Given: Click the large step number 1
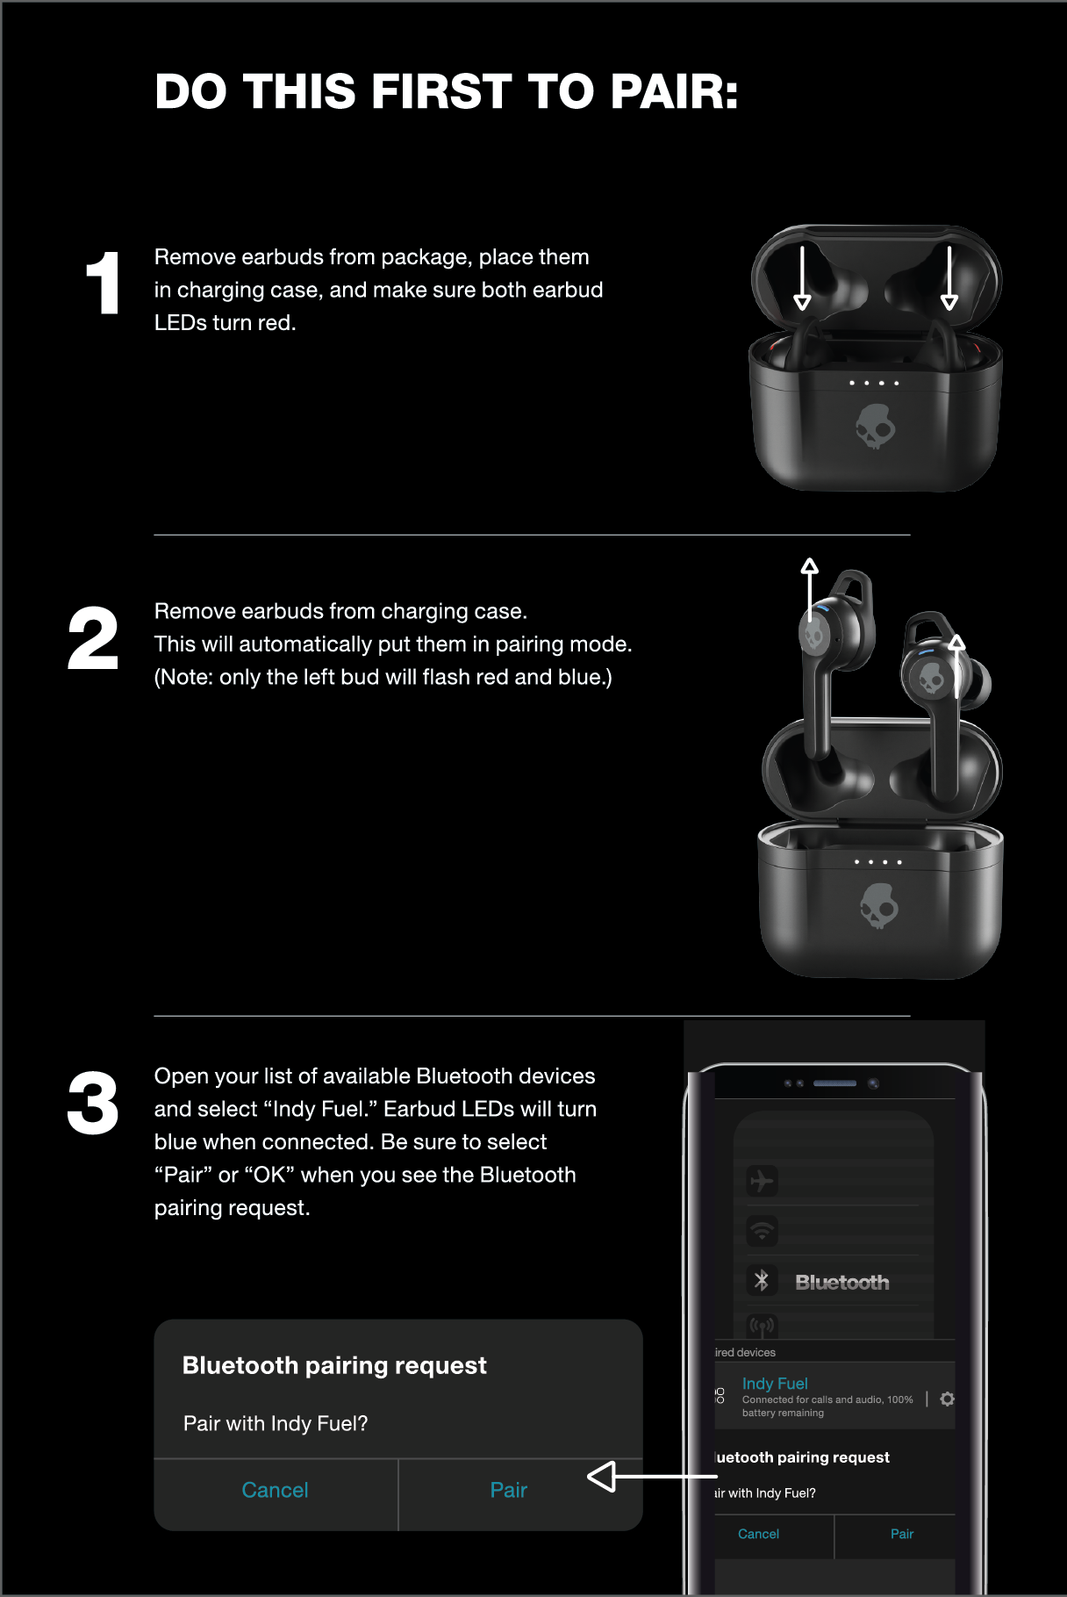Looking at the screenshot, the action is coord(104,283).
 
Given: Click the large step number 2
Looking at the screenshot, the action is coord(93,638).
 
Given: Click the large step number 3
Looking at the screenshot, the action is coord(93,1103).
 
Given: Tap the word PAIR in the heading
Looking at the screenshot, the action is coord(675,91).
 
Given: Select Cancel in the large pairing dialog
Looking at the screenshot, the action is coord(275,1490).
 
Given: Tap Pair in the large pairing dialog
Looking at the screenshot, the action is coord(509,1490).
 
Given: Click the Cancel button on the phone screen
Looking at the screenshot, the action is coord(758,1534).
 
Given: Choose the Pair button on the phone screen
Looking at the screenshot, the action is coord(902,1534).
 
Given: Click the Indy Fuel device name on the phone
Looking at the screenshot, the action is coord(775,1384).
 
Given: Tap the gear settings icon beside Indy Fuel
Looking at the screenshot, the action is coord(948,1399).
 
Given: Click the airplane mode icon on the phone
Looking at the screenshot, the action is coord(762,1181).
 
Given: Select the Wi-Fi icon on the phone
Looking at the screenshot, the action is coord(762,1231).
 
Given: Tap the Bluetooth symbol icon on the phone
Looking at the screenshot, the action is coord(762,1281).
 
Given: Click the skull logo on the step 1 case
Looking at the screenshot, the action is coord(875,427).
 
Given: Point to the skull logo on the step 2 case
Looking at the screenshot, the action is coord(879,906).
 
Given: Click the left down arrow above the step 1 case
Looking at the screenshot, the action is coord(802,277).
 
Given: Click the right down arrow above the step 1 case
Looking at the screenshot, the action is coord(949,277).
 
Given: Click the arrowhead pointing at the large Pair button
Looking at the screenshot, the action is coord(602,1477).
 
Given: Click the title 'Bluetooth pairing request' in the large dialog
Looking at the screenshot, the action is coord(334,1366).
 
